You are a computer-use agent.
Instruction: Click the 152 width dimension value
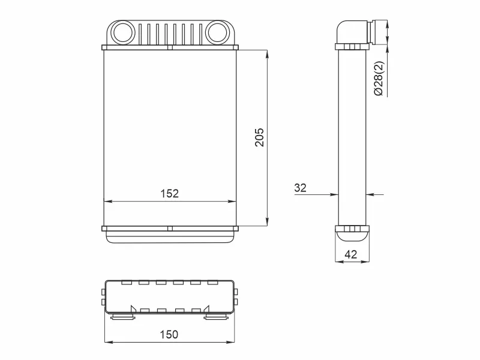[169, 193]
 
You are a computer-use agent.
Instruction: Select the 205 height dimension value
[259, 137]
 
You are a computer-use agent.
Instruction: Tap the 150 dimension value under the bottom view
[169, 334]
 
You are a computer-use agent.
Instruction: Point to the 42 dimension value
[351, 254]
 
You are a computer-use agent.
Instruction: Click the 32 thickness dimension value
[300, 188]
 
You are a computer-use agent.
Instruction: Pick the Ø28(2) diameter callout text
[379, 79]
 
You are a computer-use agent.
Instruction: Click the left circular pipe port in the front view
[122, 32]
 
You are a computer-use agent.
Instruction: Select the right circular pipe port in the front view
[218, 32]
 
